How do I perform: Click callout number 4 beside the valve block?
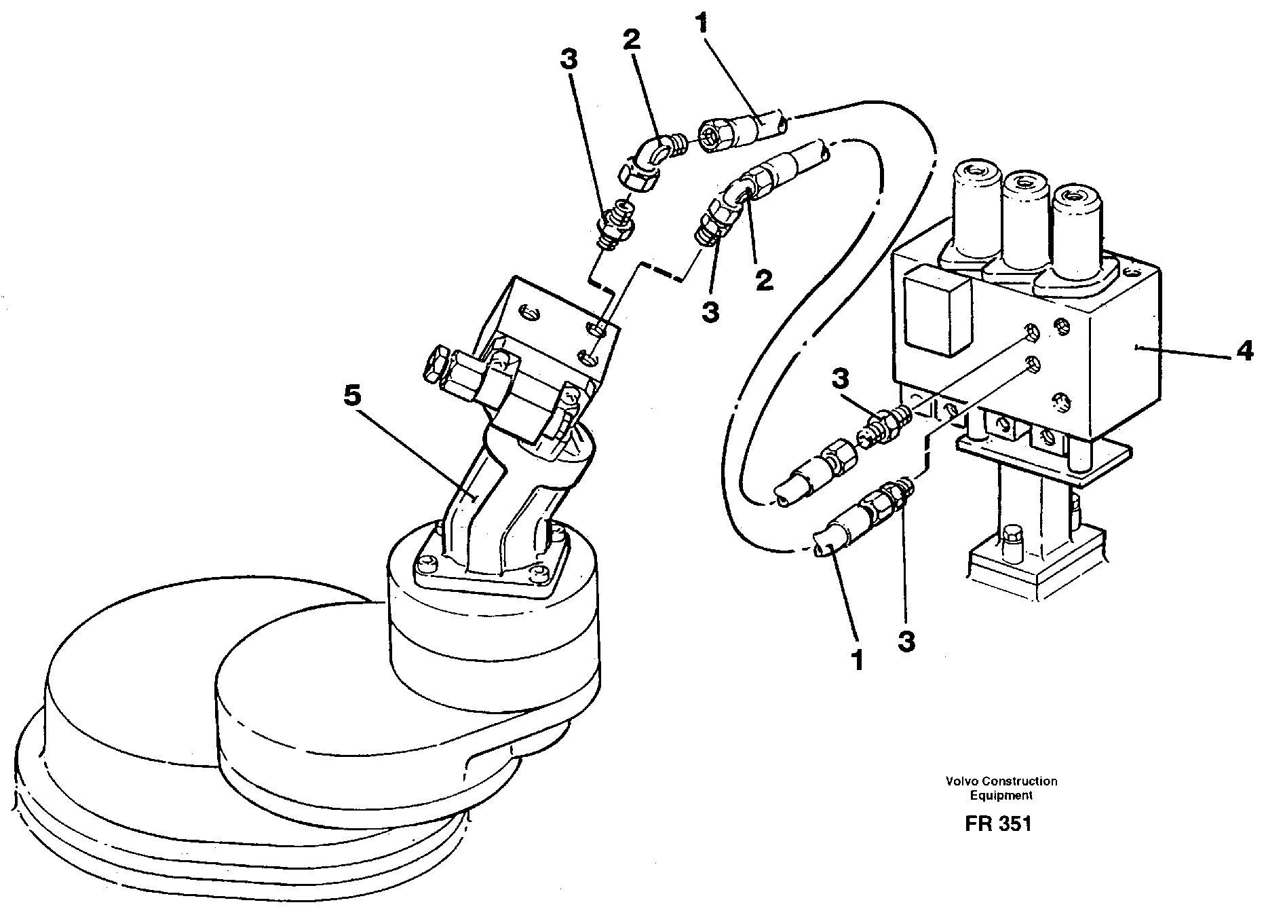(x=1244, y=352)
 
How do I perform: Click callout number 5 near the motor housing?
(x=353, y=397)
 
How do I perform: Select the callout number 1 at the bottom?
(x=858, y=659)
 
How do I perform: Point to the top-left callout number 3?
(x=569, y=60)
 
